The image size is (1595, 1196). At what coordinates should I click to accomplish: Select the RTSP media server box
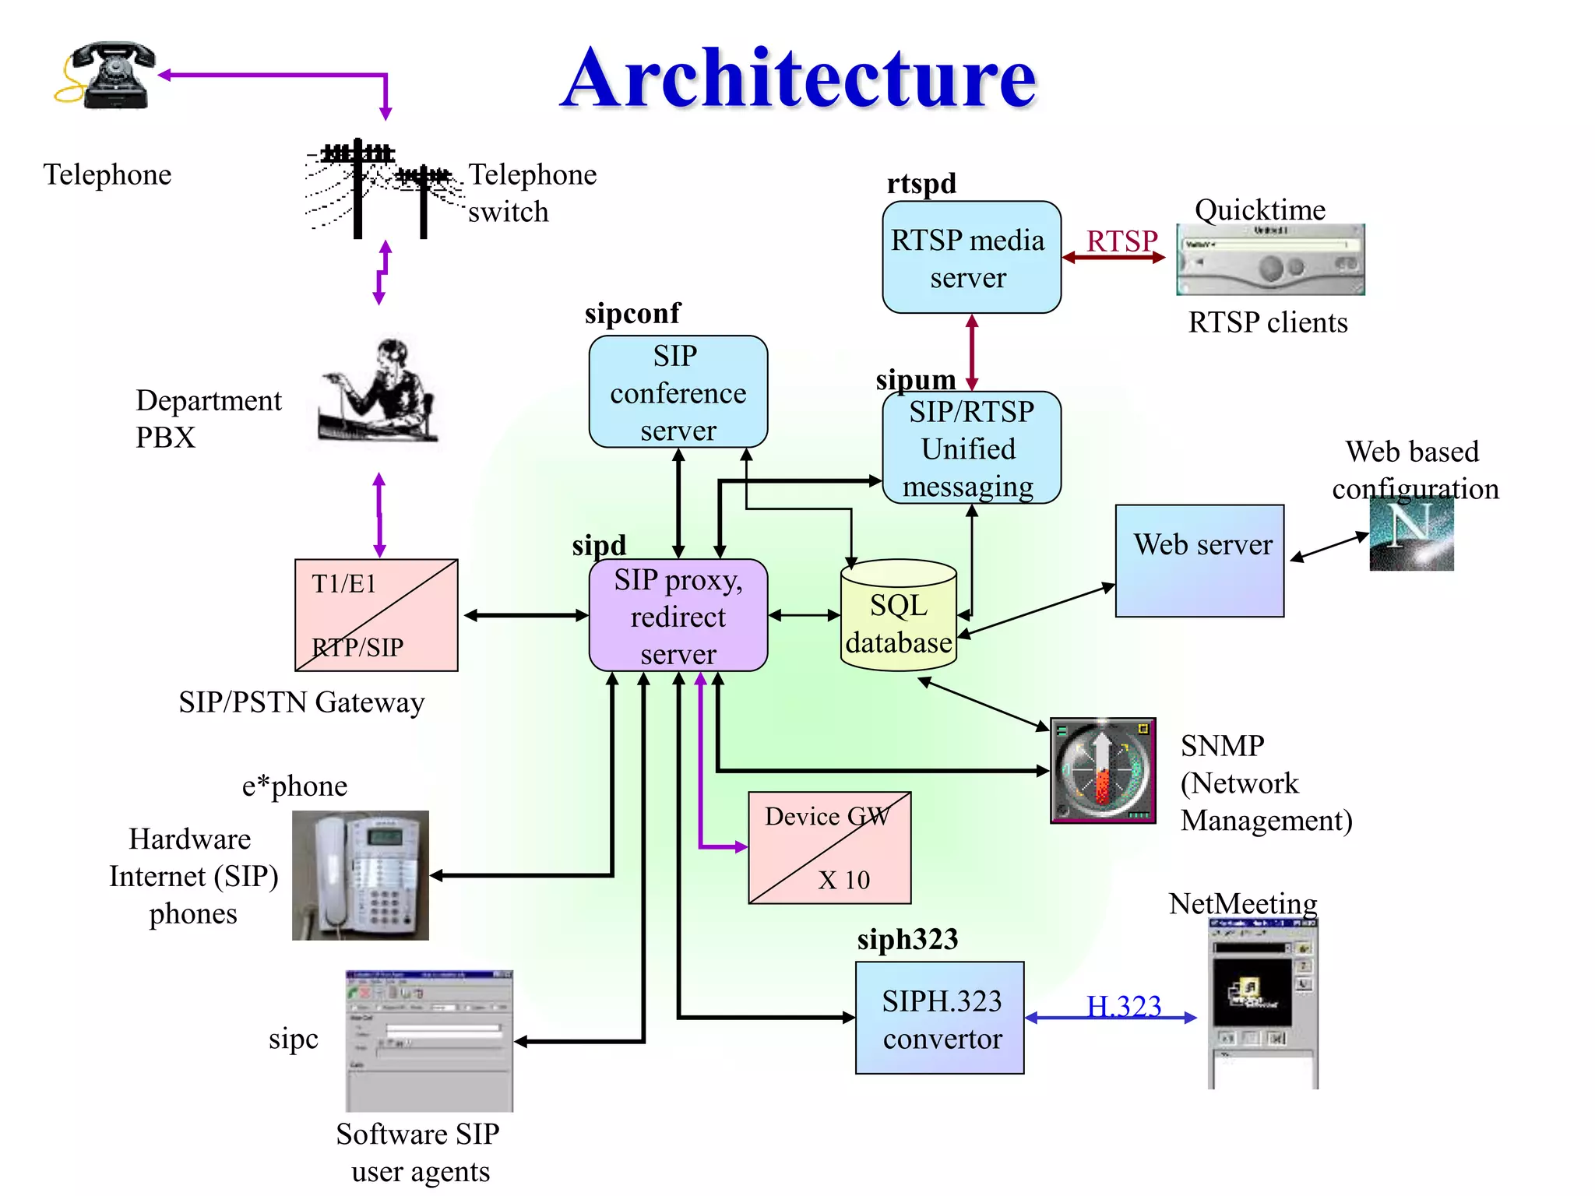(970, 258)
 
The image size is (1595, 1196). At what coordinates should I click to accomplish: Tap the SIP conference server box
(678, 392)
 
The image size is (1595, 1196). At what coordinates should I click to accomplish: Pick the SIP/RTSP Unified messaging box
(970, 448)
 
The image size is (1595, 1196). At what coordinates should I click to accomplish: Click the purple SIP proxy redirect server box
(678, 615)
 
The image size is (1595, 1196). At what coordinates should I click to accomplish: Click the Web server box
(1199, 561)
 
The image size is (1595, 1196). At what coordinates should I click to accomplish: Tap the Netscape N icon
(1411, 534)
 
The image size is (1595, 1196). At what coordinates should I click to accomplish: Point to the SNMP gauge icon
(1102, 770)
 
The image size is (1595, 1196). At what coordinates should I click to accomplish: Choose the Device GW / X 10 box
(829, 847)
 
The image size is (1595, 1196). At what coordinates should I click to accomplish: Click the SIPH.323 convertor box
(939, 1018)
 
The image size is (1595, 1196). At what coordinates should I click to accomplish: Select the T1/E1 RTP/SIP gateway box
(376, 615)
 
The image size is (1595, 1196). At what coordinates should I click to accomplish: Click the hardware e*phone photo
(360, 875)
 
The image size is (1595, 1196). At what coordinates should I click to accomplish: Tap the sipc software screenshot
(429, 1040)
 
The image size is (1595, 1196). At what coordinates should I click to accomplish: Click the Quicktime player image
(1269, 260)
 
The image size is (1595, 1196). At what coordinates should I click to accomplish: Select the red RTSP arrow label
(1121, 241)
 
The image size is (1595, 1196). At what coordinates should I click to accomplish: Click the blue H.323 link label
(1123, 1006)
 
